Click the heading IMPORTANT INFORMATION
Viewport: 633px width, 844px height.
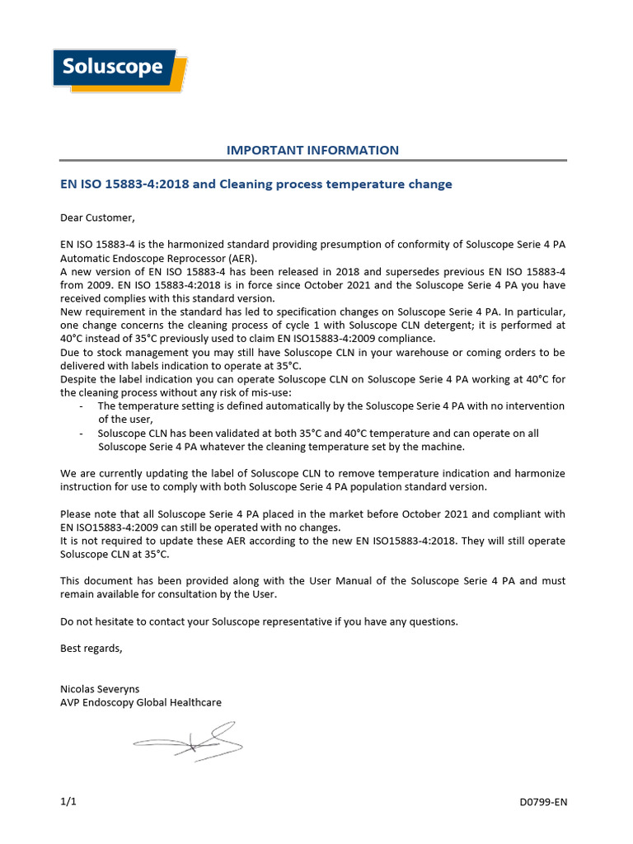pyautogui.click(x=312, y=150)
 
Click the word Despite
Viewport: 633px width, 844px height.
pyautogui.click(x=79, y=379)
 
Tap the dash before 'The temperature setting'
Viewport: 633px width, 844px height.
pyautogui.click(x=81, y=406)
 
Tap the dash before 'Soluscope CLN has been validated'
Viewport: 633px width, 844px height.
pyautogui.click(x=81, y=433)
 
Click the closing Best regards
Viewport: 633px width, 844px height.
pyautogui.click(x=91, y=648)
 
